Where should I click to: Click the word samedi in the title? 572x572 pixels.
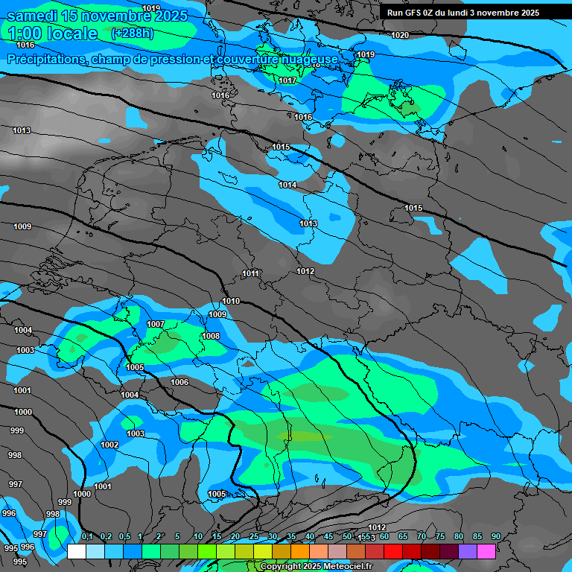(x=34, y=16)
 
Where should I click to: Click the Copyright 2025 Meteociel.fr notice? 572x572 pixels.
(x=316, y=566)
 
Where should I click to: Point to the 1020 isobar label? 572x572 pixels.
(x=400, y=35)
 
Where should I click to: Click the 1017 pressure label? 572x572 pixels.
(x=288, y=80)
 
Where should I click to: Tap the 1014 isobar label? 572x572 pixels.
(x=287, y=185)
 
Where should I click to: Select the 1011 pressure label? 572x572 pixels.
(x=251, y=274)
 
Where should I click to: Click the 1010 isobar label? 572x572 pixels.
(x=231, y=301)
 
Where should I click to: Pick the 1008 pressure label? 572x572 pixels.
(x=211, y=336)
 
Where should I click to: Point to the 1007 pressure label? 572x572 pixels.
(x=156, y=324)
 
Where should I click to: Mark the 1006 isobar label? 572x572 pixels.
(x=179, y=382)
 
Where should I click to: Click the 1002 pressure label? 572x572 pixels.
(x=109, y=445)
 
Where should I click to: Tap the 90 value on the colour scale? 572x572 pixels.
(x=495, y=537)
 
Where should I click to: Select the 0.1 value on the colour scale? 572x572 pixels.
(x=87, y=537)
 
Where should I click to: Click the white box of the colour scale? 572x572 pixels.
(x=76, y=551)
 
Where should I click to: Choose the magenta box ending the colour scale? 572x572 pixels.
(x=486, y=551)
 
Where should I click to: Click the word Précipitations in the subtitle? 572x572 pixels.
(x=46, y=59)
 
